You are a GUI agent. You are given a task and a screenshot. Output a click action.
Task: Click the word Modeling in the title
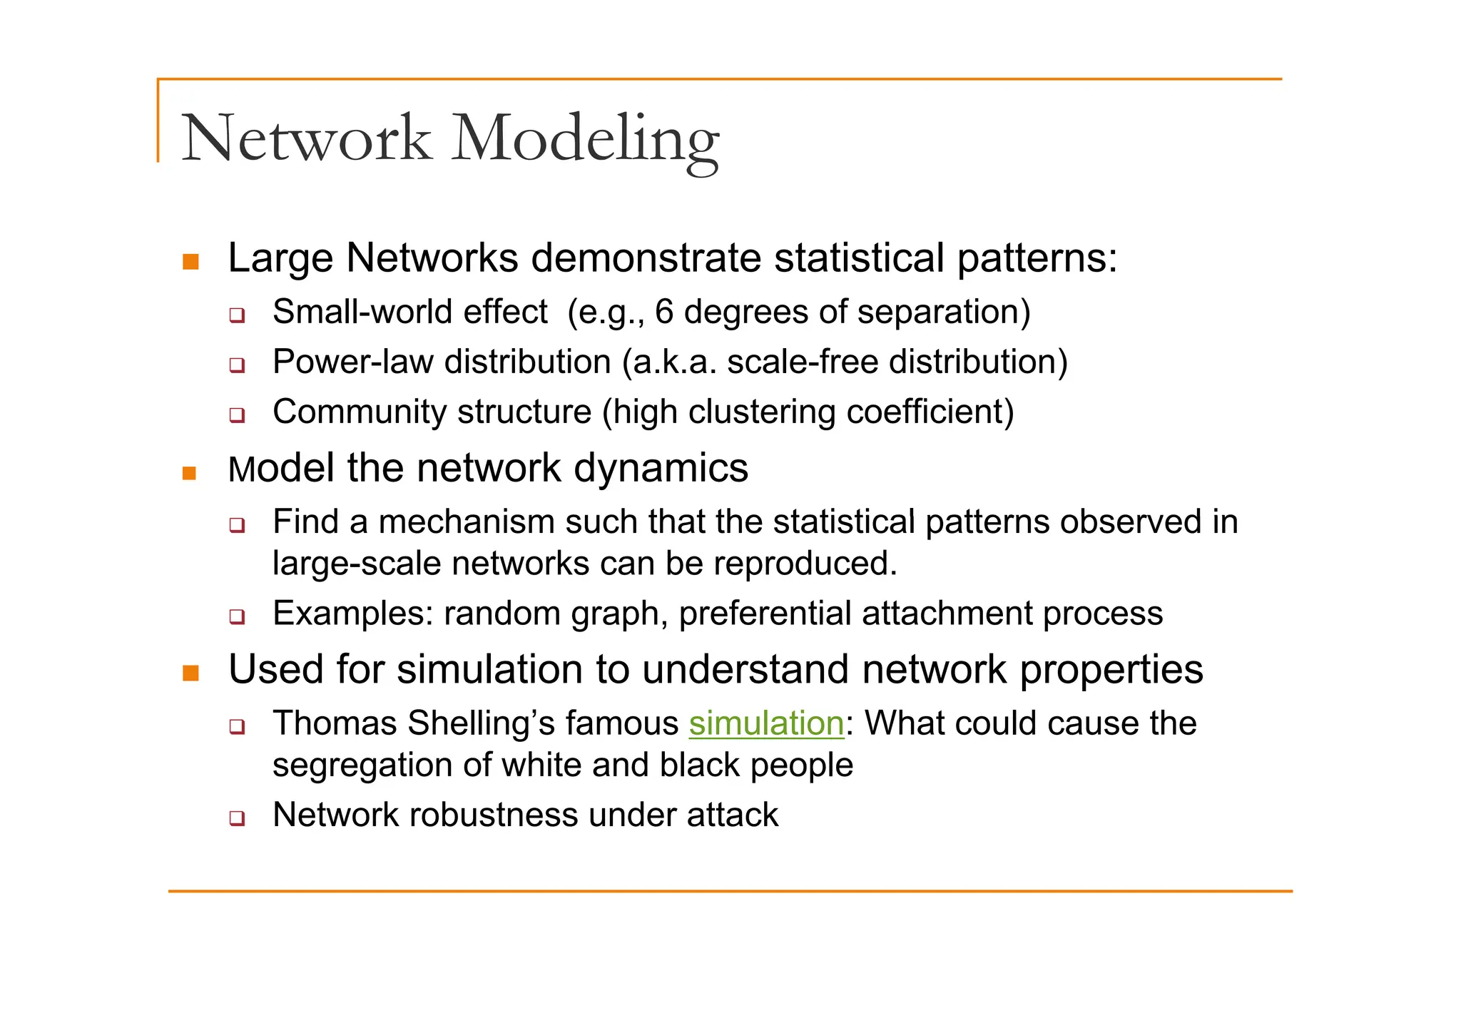(585, 139)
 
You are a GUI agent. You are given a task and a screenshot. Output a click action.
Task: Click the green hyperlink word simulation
(766, 723)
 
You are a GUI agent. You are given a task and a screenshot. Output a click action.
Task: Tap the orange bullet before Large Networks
(190, 261)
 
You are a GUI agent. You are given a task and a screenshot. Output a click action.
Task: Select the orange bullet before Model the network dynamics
(189, 473)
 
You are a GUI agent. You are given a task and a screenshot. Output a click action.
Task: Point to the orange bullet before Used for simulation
(190, 673)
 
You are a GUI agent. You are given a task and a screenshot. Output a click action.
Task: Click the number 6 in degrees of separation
(664, 312)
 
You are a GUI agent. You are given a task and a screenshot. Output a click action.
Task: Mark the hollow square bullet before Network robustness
(237, 818)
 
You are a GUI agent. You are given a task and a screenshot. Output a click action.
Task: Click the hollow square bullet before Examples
(237, 616)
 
